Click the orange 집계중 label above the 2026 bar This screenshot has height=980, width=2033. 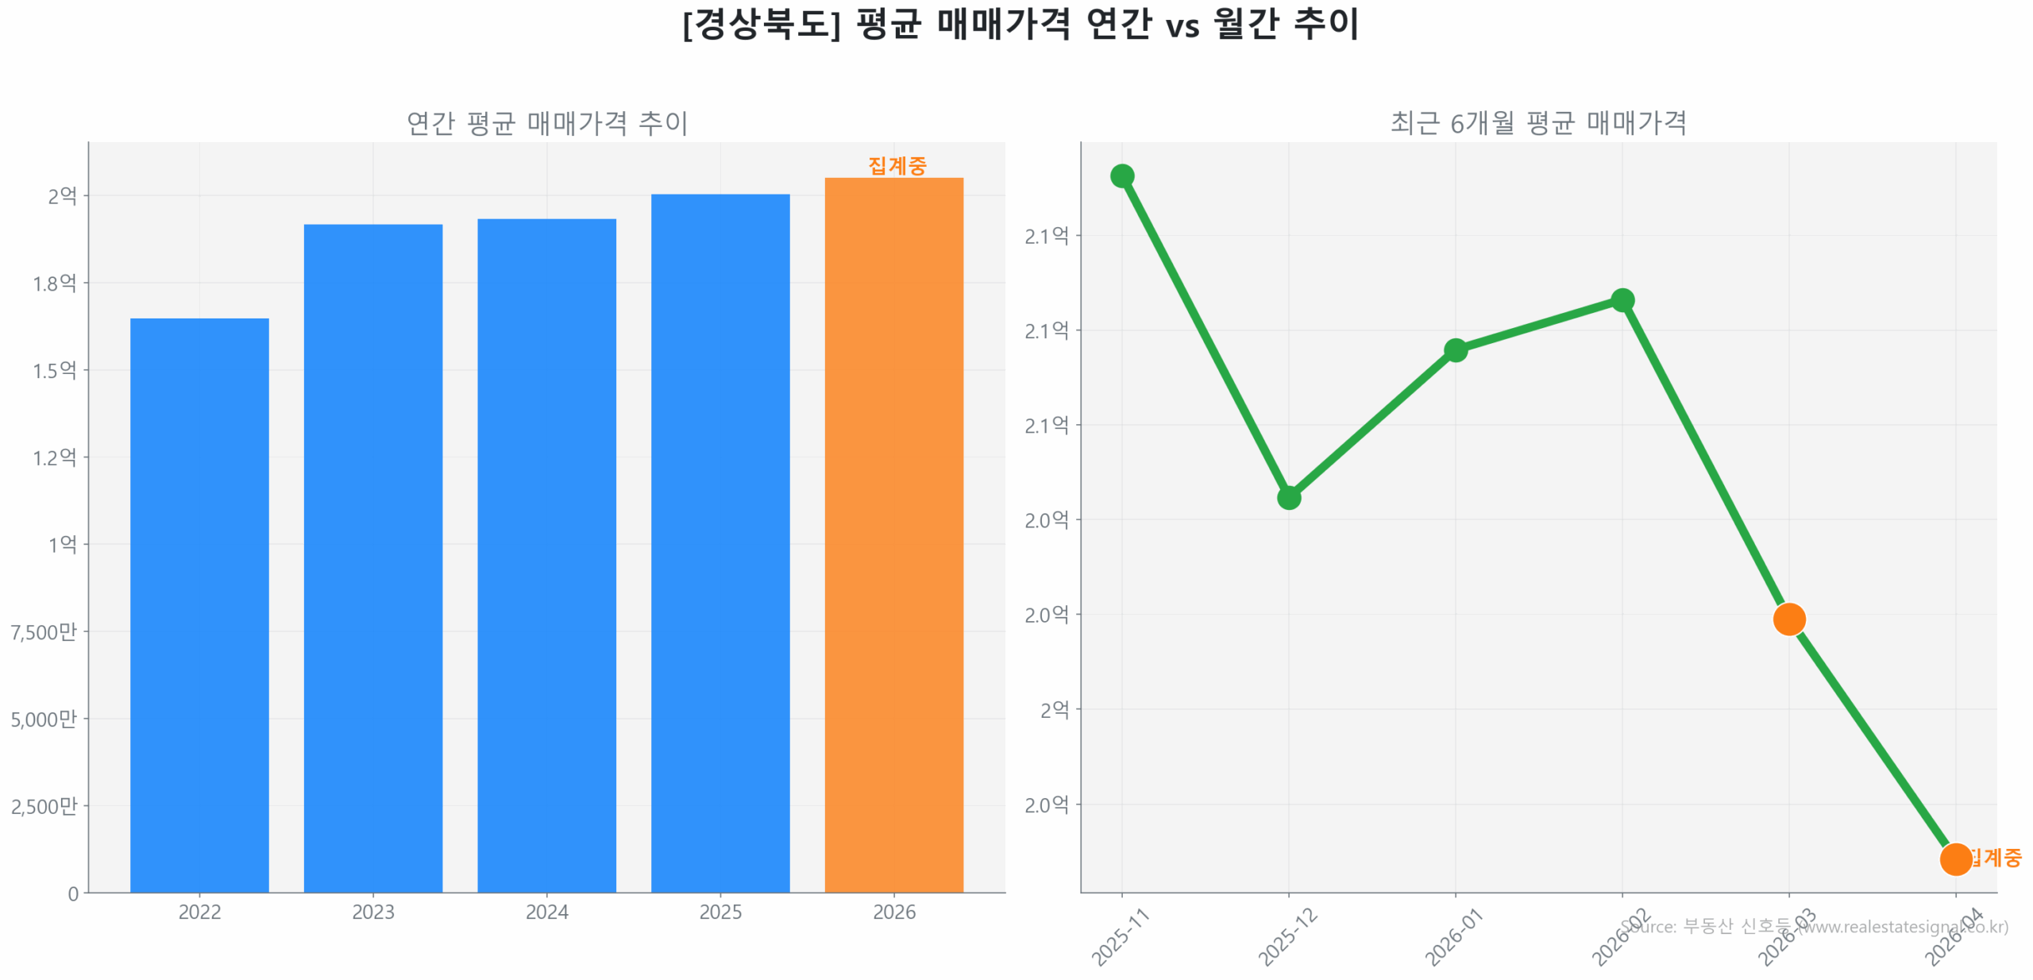pos(897,165)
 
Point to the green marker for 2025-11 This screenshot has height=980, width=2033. pos(1121,176)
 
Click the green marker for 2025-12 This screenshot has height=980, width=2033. pos(1288,497)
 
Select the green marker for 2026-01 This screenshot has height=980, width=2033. pos(1455,349)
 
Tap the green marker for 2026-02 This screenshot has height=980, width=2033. pos(1622,299)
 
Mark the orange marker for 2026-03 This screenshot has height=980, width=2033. pos(1788,618)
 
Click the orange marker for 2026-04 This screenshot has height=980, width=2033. pos(1954,858)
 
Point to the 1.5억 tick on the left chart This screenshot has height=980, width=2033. pos(54,370)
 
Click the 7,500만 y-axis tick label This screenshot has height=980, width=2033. pos(44,631)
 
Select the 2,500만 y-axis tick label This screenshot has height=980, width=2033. pos(44,805)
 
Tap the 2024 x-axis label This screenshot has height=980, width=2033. pos(546,911)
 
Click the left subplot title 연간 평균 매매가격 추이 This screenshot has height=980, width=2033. pos(546,122)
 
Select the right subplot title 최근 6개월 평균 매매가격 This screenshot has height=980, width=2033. pos(1537,122)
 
